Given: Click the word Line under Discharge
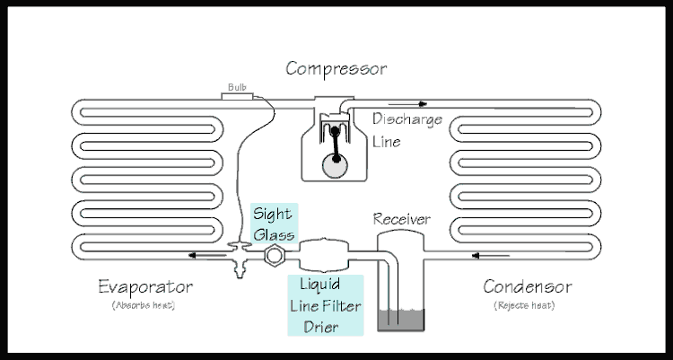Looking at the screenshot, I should pyautogui.click(x=387, y=142).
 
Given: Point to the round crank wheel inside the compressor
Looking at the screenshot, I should pyautogui.click(x=337, y=164).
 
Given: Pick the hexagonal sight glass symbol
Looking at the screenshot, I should pyautogui.click(x=271, y=256).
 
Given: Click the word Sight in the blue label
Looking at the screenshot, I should pyautogui.click(x=271, y=214).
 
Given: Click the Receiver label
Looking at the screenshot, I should pyautogui.click(x=401, y=219).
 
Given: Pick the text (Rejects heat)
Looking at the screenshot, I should pyautogui.click(x=525, y=305).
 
